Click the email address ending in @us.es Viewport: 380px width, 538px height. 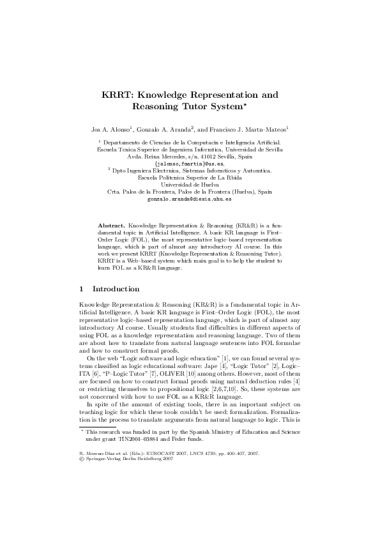189,164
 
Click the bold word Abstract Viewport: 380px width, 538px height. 111,226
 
